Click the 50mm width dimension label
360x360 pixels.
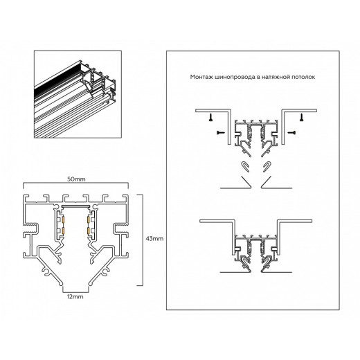click(76, 179)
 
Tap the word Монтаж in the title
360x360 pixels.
click(201, 78)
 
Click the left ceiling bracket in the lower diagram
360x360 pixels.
click(214, 228)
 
